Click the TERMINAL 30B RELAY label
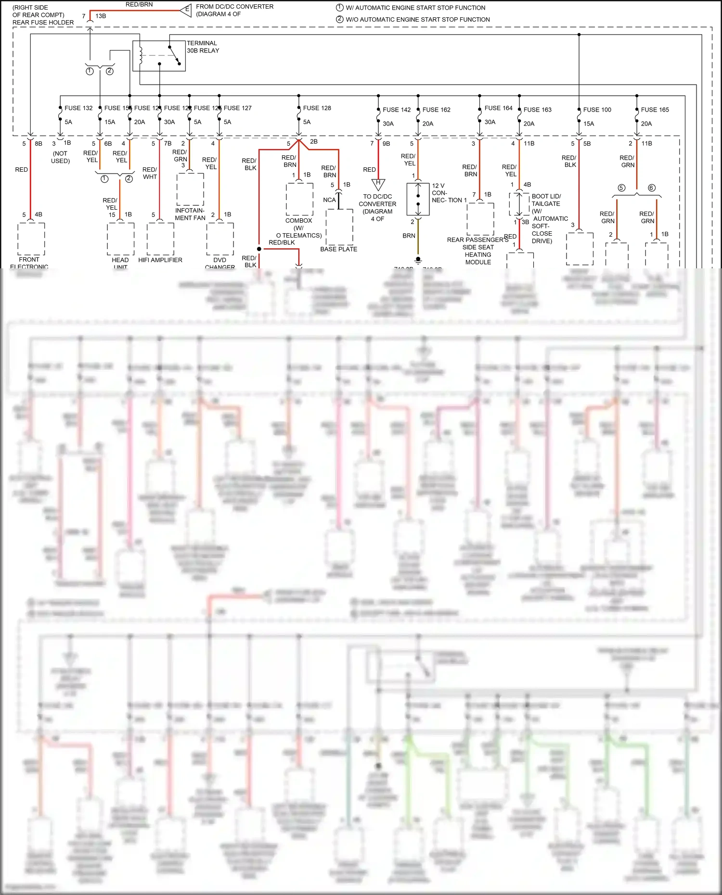click(x=203, y=47)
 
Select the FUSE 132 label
click(x=78, y=108)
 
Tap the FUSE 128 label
click(x=317, y=108)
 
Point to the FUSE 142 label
click(x=397, y=110)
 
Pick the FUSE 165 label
click(x=655, y=110)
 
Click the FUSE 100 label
click(x=597, y=110)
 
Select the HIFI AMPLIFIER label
click(x=160, y=260)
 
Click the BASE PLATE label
click(x=338, y=249)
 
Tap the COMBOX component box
click(x=299, y=199)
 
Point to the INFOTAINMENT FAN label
click(x=190, y=214)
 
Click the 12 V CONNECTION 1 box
click(x=418, y=199)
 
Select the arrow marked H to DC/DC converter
click(x=378, y=184)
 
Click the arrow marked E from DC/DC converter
click(x=186, y=10)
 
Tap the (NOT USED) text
click(x=60, y=157)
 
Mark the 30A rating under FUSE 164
click(x=490, y=122)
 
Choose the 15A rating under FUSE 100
click(x=589, y=124)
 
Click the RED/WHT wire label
click(x=150, y=173)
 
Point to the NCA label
click(x=329, y=200)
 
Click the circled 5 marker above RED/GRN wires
click(x=621, y=188)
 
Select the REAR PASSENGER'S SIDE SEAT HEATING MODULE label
click(x=477, y=251)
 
